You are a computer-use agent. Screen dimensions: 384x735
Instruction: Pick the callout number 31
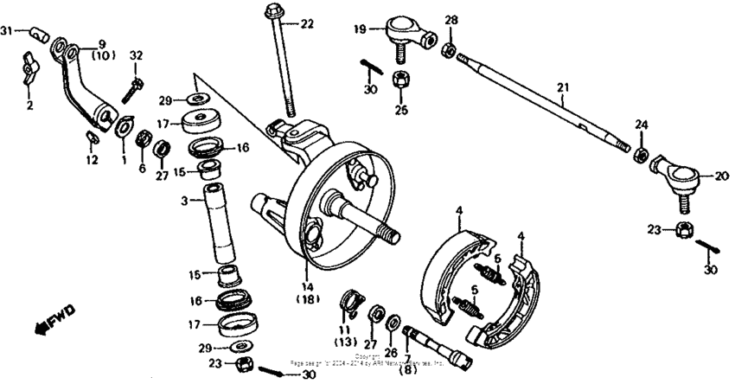(7, 31)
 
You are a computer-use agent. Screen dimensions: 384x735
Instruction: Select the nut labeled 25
(401, 81)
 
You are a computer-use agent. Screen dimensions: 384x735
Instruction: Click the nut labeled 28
(451, 49)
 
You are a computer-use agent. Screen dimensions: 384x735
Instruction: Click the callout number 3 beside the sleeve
(184, 202)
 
